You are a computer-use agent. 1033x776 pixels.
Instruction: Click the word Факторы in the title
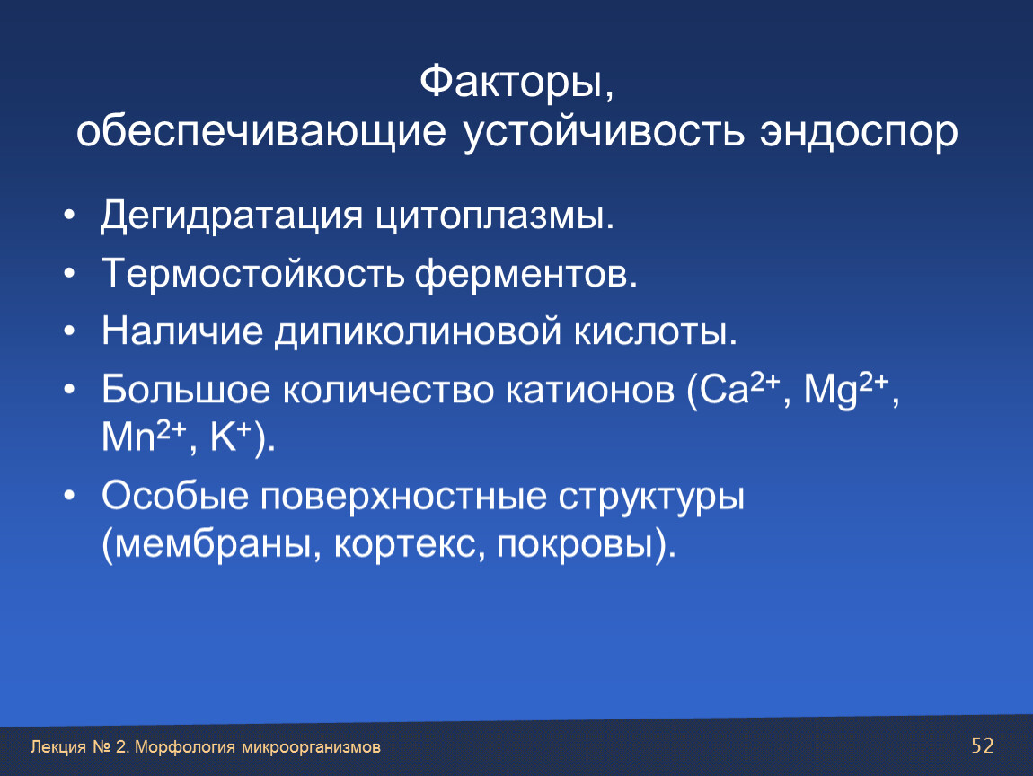[511, 83]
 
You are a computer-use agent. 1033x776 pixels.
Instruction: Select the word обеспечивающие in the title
[260, 131]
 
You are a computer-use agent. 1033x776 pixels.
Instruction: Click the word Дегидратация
[231, 216]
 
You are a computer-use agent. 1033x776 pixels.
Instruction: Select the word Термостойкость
[252, 273]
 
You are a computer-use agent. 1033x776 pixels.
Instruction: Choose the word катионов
[589, 390]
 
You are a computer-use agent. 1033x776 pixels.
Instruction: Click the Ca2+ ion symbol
[739, 388]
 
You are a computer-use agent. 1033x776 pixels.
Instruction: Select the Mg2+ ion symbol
[846, 389]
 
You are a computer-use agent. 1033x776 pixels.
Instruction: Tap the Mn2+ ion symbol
[145, 436]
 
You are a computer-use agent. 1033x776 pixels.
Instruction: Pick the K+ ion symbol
[231, 436]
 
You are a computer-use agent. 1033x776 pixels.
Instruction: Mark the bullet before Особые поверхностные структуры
[70, 496]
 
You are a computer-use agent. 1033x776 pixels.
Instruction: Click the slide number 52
[983, 745]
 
